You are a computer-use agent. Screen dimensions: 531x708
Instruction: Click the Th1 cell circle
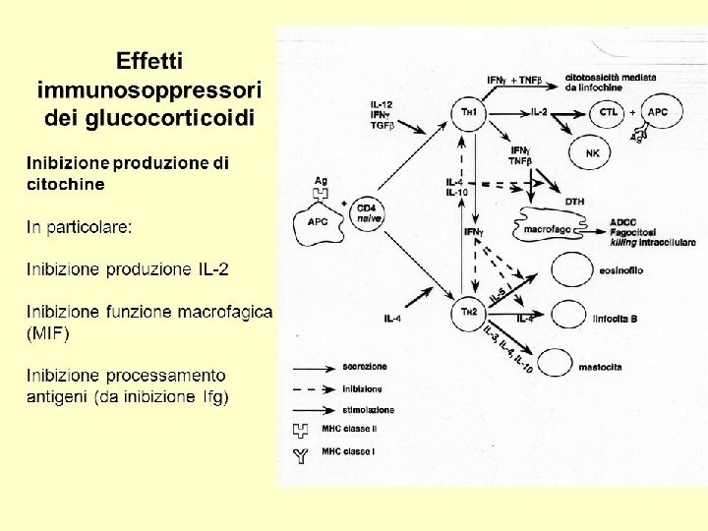click(470, 113)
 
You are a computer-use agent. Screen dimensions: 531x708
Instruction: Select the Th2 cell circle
click(469, 313)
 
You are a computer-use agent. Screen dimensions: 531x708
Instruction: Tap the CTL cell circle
click(610, 112)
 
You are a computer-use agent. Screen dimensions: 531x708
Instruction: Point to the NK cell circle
click(591, 152)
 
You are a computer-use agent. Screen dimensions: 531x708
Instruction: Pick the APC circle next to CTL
click(658, 112)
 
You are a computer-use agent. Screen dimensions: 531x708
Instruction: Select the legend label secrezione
click(364, 367)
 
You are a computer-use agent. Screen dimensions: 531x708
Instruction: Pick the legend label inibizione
click(363, 388)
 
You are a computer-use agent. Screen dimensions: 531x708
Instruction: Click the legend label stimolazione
click(369, 409)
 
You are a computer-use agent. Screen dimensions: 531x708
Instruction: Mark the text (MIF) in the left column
click(48, 333)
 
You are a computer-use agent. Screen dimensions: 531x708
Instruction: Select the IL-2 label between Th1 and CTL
click(539, 112)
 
